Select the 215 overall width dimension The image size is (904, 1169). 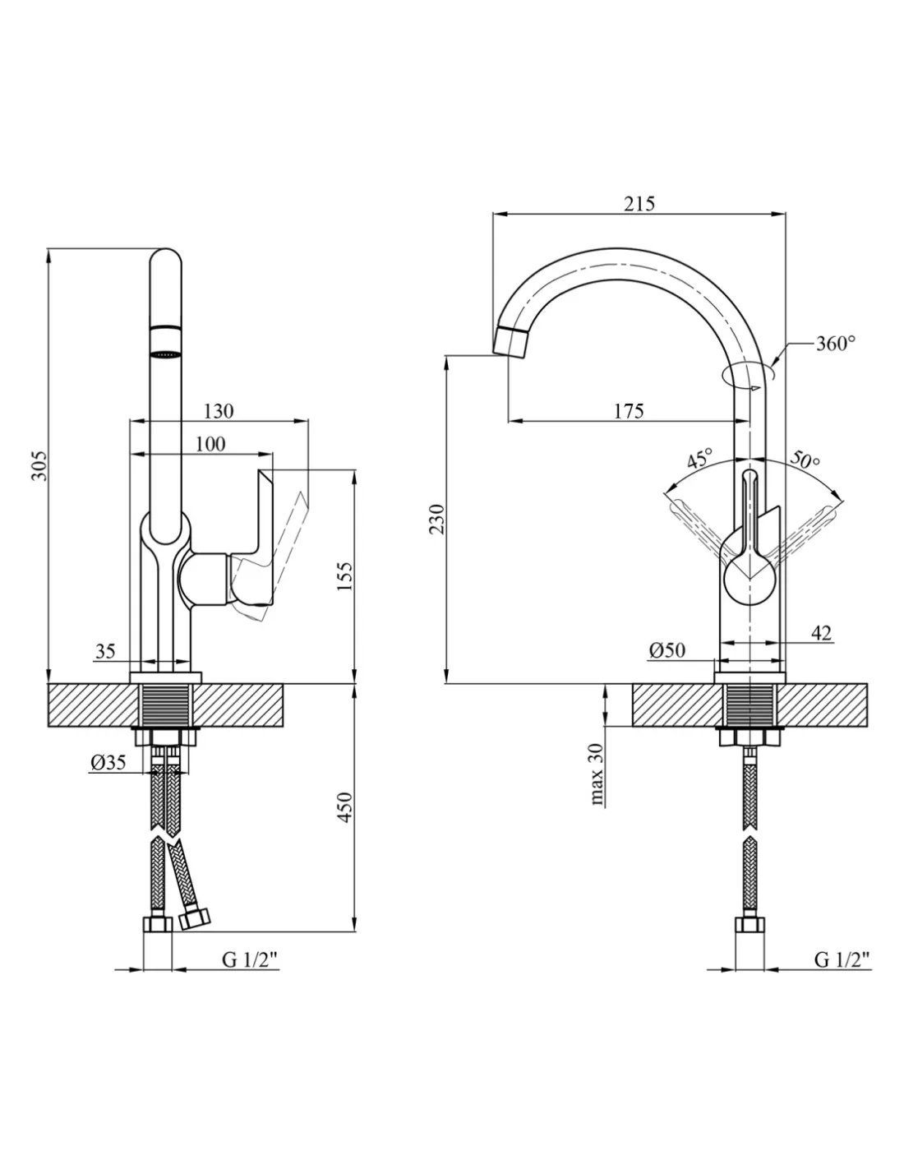tap(639, 204)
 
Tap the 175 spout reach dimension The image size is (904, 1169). tap(629, 410)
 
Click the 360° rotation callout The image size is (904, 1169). tap(835, 344)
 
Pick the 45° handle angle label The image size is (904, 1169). tap(699, 458)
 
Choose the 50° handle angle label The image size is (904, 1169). tap(805, 459)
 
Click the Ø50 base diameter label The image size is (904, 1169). tap(666, 650)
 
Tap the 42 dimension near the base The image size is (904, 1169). tap(820, 633)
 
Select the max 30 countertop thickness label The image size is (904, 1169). tap(597, 773)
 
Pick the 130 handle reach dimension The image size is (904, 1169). tap(218, 411)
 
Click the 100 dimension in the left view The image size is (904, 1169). tap(210, 444)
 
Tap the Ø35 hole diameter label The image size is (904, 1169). tap(108, 762)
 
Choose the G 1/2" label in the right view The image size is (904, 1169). tap(842, 959)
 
